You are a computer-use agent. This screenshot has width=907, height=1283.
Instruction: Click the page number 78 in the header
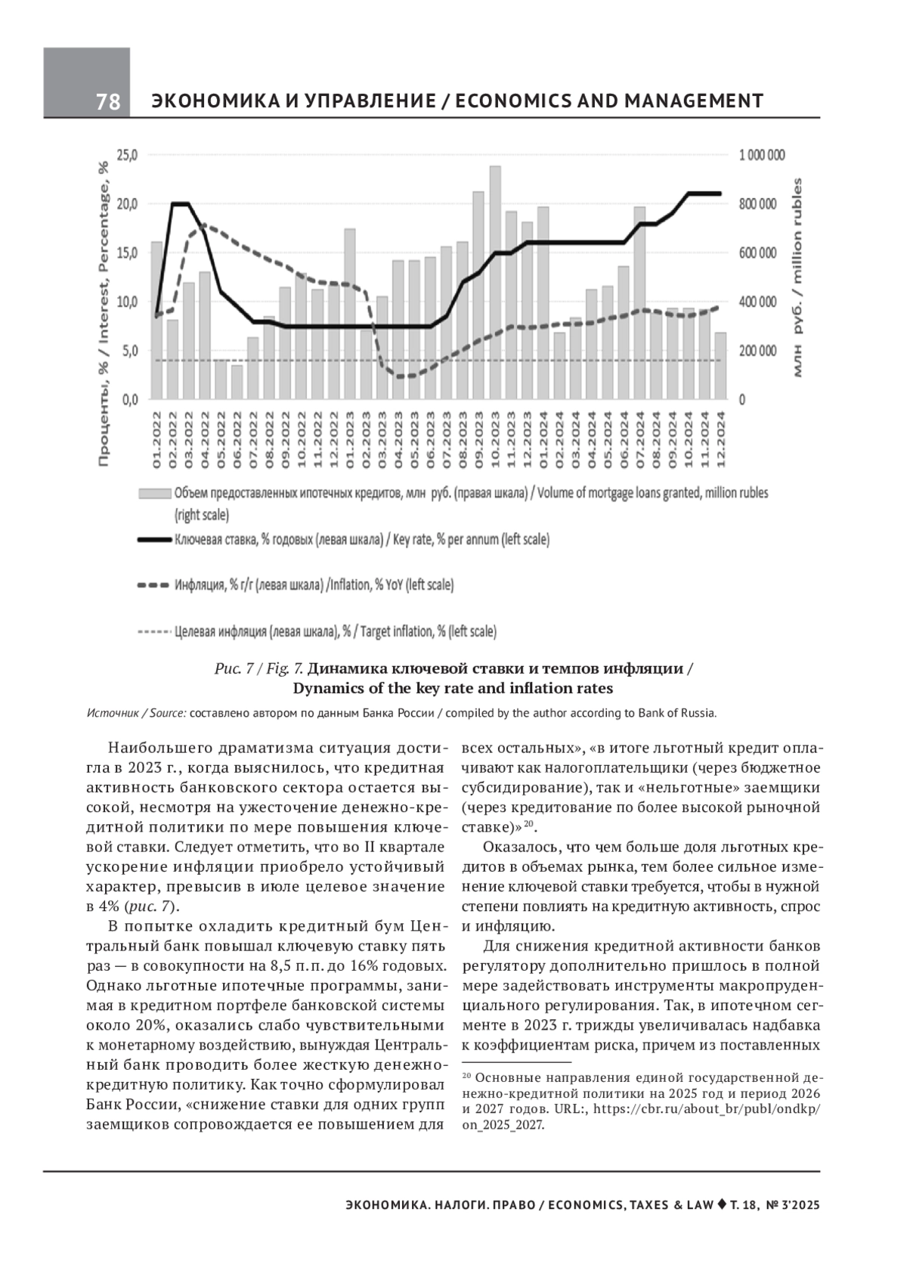[x=108, y=101]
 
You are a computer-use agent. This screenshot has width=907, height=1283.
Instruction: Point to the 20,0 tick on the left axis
[x=128, y=204]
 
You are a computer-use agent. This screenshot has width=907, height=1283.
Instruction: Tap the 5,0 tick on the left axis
[x=128, y=351]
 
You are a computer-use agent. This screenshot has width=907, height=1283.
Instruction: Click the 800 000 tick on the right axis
[x=757, y=204]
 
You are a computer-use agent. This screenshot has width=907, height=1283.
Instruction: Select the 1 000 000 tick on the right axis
[x=762, y=155]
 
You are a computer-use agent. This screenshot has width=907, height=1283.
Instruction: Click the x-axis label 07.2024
[x=640, y=439]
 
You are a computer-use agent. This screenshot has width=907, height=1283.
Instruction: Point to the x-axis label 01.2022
[x=156, y=439]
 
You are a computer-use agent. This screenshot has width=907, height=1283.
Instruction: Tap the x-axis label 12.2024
[x=721, y=439]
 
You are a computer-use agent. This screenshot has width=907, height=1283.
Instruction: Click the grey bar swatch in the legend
[x=154, y=494]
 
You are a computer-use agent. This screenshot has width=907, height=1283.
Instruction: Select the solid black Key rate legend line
[x=154, y=541]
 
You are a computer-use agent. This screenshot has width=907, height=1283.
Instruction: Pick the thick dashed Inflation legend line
[x=154, y=585]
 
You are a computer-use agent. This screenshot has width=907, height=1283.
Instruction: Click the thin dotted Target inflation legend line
[x=154, y=631]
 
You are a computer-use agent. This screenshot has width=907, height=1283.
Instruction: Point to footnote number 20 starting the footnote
[x=466, y=1075]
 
